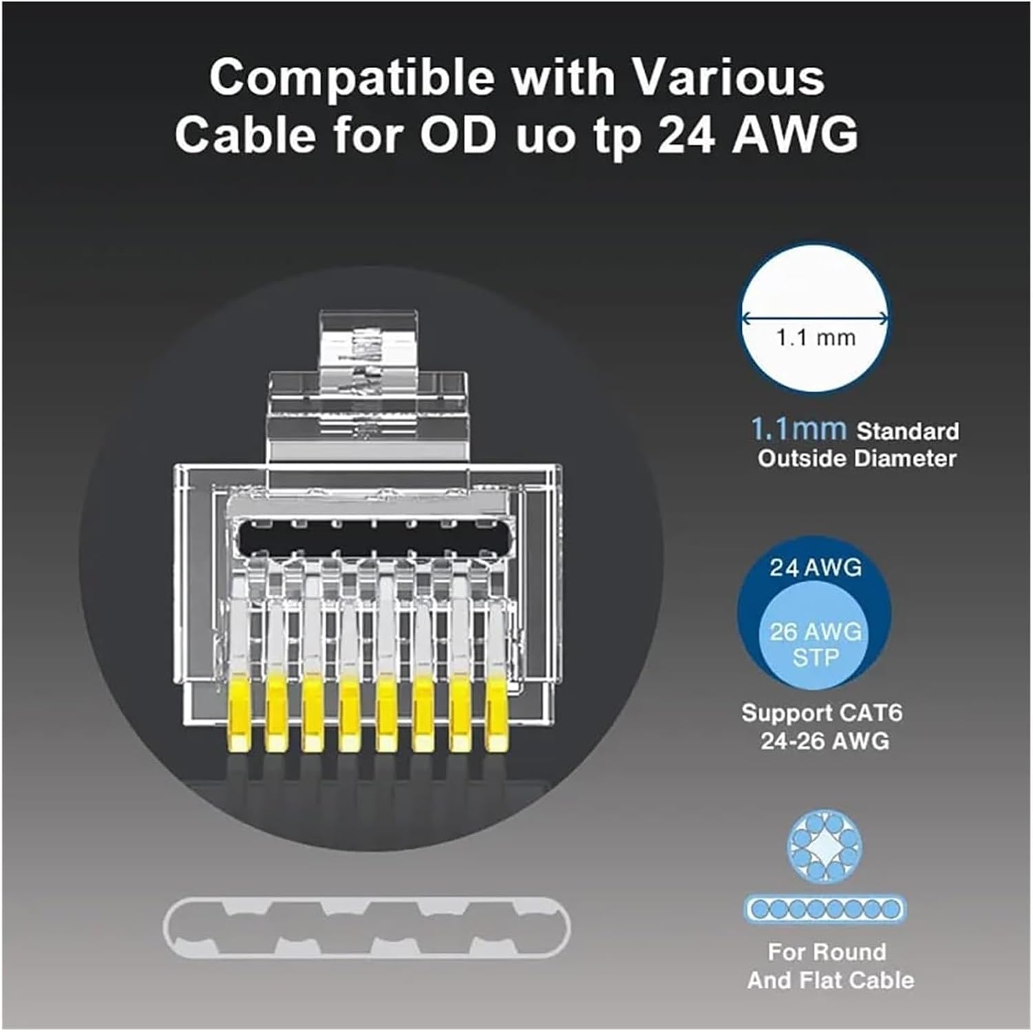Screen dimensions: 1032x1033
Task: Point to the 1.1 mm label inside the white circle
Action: [x=815, y=338]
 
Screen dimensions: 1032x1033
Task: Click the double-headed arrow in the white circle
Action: [x=815, y=317]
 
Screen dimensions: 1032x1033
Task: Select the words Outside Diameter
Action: [x=857, y=459]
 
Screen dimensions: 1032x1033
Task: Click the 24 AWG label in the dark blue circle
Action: [x=815, y=567]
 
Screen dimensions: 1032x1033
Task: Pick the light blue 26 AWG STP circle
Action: [x=815, y=644]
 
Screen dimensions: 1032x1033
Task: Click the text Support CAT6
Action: [x=822, y=713]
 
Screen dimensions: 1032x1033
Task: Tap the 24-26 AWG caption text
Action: [x=824, y=741]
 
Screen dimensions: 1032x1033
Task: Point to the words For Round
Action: [x=827, y=952]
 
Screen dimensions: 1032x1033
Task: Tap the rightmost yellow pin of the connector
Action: [x=496, y=715]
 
